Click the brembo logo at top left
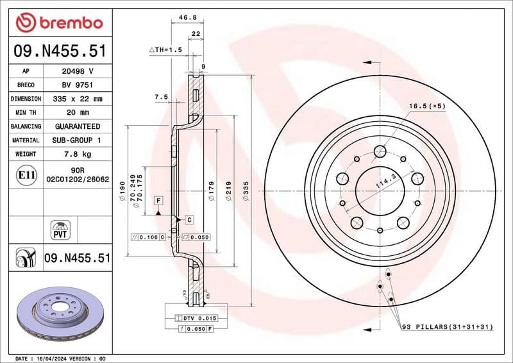60,22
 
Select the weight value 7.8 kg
78,154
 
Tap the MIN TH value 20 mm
78,113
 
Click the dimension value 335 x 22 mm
78,99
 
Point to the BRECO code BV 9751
78,85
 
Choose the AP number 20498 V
78,71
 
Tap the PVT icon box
60,230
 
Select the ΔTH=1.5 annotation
166,49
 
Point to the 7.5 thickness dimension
161,97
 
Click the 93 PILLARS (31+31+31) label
446,327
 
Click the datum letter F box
157,201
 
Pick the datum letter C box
189,219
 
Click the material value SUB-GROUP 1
78,140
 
